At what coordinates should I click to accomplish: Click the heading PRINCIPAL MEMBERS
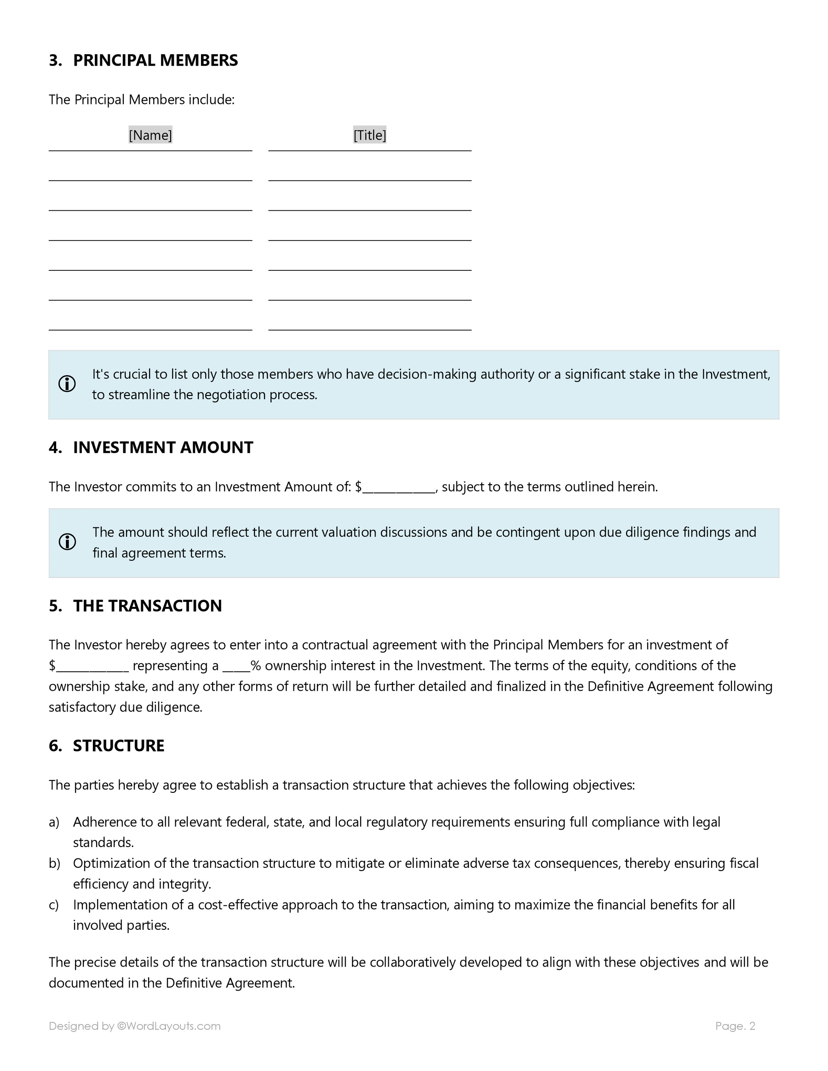(155, 60)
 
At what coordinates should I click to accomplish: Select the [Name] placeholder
(150, 135)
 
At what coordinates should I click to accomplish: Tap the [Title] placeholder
(369, 135)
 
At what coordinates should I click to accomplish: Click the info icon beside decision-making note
(67, 384)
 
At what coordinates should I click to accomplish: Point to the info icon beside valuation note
(67, 542)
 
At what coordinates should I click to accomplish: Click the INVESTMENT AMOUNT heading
(163, 448)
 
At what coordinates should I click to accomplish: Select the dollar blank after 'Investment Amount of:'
(399, 487)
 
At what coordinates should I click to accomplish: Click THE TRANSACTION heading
(147, 606)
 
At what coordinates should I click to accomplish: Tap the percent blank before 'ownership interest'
(236, 666)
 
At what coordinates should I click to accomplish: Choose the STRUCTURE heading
(118, 746)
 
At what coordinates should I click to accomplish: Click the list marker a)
(54, 822)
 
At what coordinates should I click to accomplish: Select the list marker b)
(54, 864)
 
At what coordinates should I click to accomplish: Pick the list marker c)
(54, 905)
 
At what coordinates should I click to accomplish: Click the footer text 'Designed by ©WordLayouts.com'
(134, 1026)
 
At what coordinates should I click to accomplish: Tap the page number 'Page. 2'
(735, 1026)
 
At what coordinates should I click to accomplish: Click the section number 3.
(55, 60)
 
